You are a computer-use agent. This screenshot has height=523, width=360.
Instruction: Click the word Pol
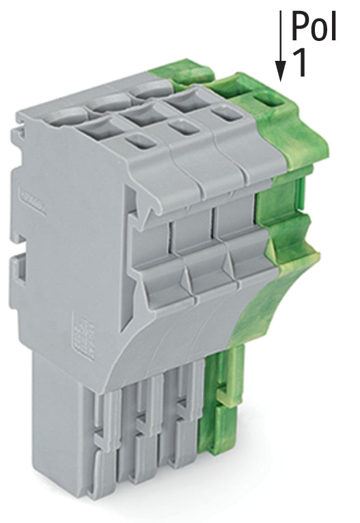coord(314,26)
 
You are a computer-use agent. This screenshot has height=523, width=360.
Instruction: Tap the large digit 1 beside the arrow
coord(299,63)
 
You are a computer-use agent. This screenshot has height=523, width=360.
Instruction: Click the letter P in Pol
coord(300,26)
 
